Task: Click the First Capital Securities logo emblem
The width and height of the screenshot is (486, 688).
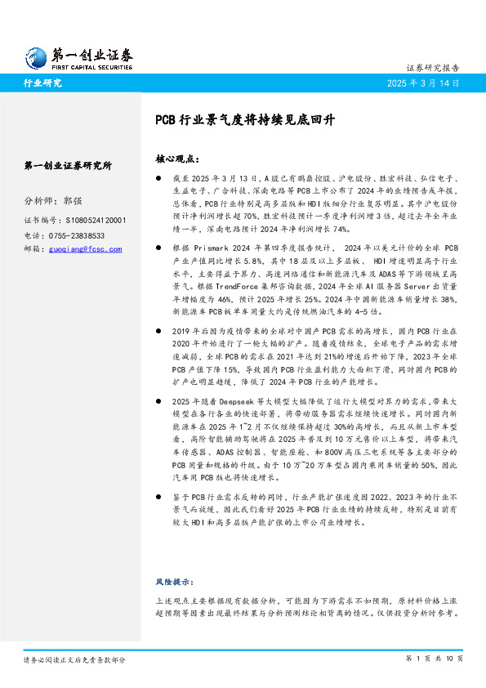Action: coord(38,56)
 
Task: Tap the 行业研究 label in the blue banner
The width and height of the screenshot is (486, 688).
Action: coord(42,83)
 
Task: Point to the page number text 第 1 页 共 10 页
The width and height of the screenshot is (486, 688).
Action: coord(435,659)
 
